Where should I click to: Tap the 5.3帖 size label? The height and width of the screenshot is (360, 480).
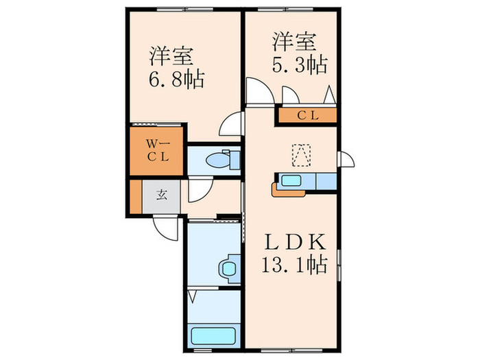point(297,66)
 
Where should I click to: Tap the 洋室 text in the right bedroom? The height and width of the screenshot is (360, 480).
point(294,42)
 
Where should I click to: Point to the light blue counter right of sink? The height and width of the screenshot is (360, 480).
point(325,181)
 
